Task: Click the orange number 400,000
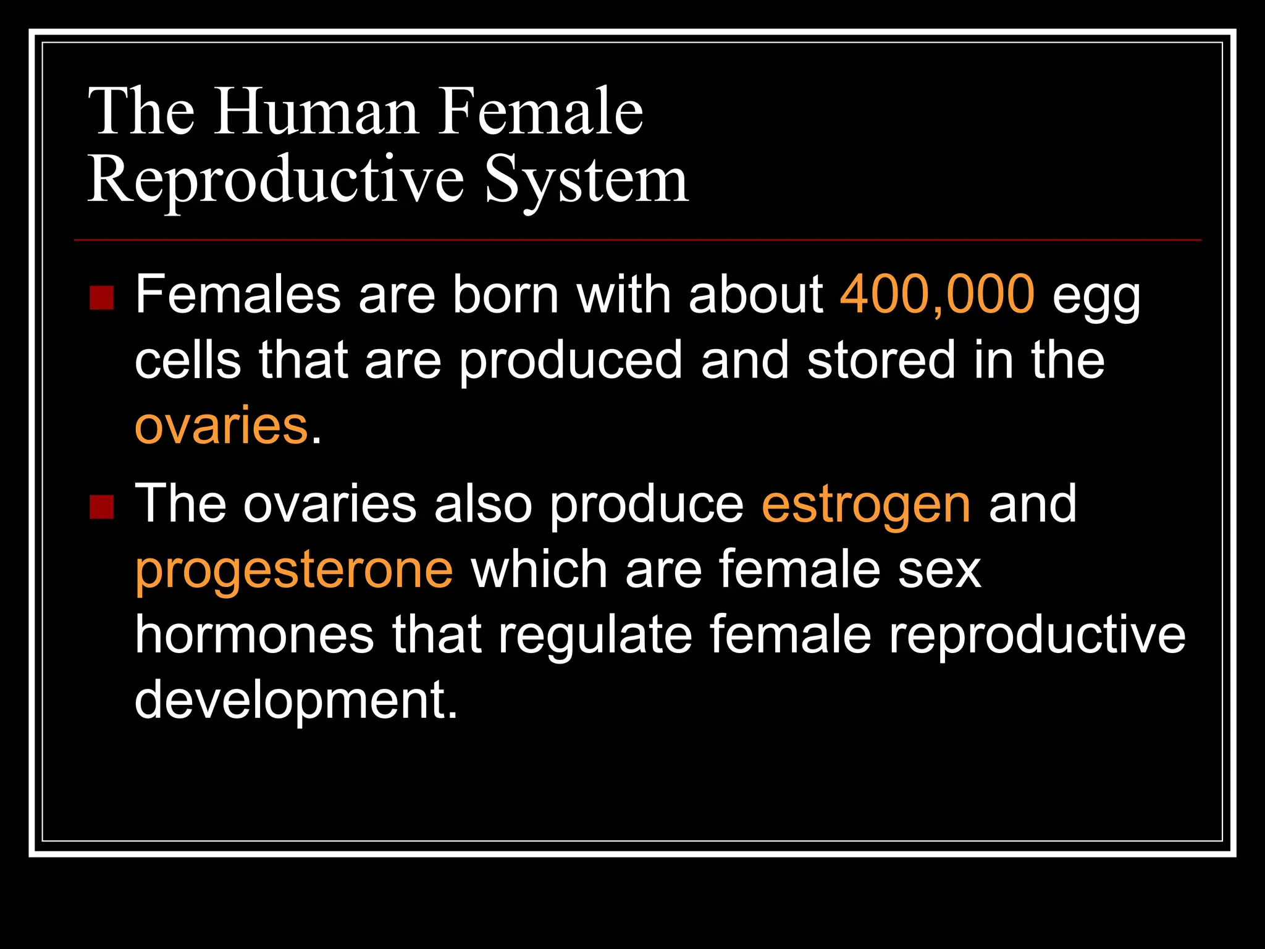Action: click(x=936, y=294)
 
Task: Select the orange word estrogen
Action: click(x=866, y=504)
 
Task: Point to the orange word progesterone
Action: click(x=294, y=570)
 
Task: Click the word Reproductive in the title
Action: click(x=275, y=180)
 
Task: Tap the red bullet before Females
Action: click(x=101, y=298)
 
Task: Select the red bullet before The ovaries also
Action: click(x=101, y=507)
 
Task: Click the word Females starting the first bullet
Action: click(x=238, y=294)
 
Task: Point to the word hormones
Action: click(x=254, y=635)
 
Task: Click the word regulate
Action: click(x=595, y=635)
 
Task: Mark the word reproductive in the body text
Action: click(x=1036, y=635)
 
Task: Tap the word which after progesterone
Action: click(x=539, y=570)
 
